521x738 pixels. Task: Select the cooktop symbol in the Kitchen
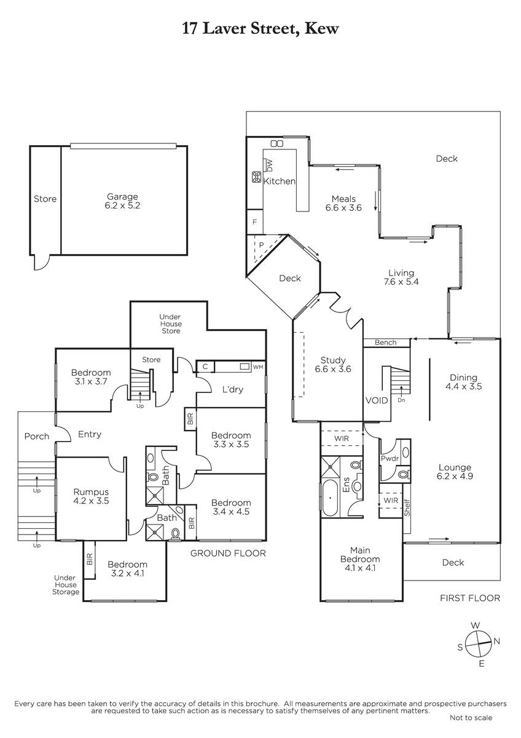pos(257,177)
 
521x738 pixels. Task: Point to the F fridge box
pos(255,222)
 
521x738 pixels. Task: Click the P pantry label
pos(261,245)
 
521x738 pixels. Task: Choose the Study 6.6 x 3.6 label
pos(333,364)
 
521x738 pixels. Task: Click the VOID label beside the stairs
pos(377,400)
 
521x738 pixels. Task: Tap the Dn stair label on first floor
pos(401,400)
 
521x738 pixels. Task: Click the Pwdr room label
pos(390,458)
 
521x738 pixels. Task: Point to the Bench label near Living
pos(385,343)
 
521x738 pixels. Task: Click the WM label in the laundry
pos(258,367)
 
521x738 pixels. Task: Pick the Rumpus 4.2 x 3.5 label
pos(91,496)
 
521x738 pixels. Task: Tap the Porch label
pos(36,437)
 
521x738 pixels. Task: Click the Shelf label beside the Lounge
pos(407,508)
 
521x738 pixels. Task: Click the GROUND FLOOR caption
pos(228,553)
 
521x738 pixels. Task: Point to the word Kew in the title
pos(321,29)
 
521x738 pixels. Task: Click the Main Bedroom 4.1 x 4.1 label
pos(360,559)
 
